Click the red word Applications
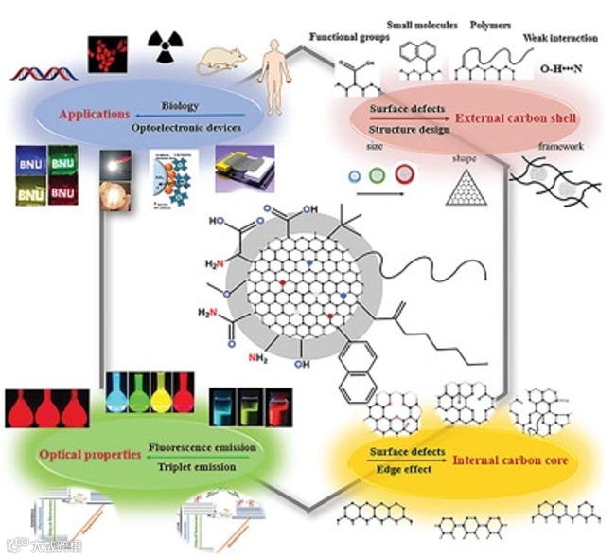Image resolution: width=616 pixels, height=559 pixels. (94, 115)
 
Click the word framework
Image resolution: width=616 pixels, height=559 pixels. (560, 147)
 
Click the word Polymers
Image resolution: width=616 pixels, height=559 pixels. (490, 22)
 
